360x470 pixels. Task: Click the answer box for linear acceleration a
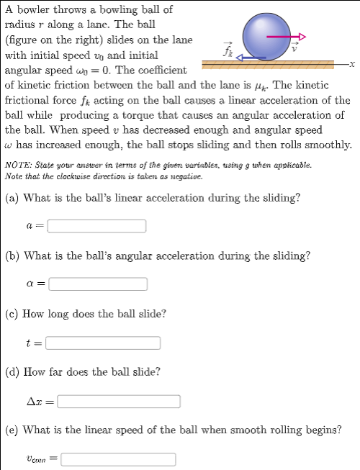pyautogui.click(x=97, y=226)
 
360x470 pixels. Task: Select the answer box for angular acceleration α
pyautogui.click(x=99, y=284)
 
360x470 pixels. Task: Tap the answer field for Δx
pyautogui.click(x=119, y=401)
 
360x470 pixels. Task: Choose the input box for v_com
pyautogui.click(x=119, y=458)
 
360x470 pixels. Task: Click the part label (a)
pyautogui.click(x=12, y=198)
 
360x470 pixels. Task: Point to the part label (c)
pyautogui.click(x=12, y=314)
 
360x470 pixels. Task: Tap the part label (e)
pyautogui.click(x=12, y=430)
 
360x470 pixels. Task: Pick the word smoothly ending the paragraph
pyautogui.click(x=329, y=145)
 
